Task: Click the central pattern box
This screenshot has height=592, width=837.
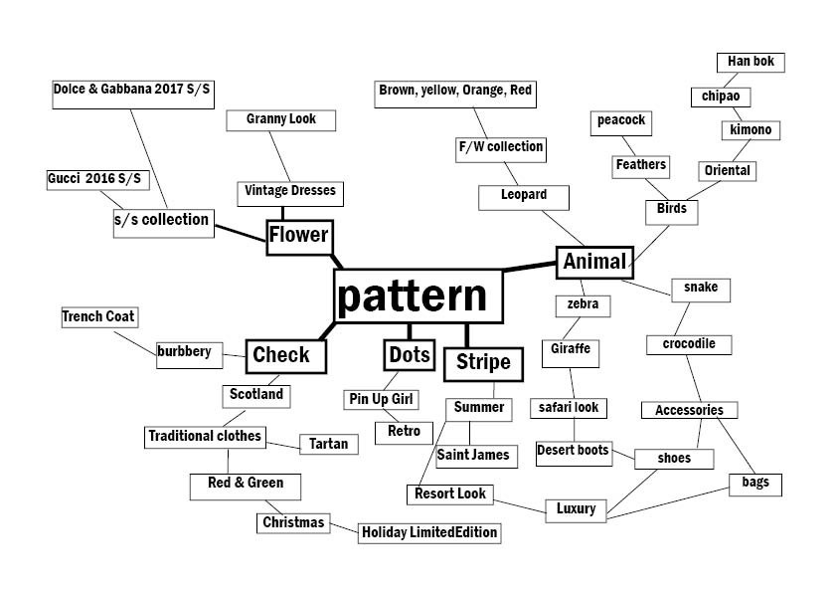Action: click(x=418, y=296)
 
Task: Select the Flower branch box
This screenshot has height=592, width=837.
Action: click(x=298, y=236)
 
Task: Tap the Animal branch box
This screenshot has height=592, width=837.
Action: click(x=594, y=262)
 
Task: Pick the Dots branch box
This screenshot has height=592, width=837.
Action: click(x=409, y=355)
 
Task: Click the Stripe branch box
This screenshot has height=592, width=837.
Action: click(x=483, y=362)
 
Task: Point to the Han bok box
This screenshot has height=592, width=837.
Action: click(x=751, y=63)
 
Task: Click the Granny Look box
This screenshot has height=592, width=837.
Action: click(x=281, y=119)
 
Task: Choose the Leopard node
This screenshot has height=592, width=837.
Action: click(x=524, y=196)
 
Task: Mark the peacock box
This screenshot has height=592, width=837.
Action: click(x=621, y=121)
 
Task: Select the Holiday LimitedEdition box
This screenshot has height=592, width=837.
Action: click(x=428, y=533)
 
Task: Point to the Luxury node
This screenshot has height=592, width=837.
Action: click(x=577, y=509)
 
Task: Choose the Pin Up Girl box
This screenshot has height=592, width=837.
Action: click(x=382, y=400)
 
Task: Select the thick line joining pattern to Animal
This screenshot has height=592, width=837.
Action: click(x=530, y=266)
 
